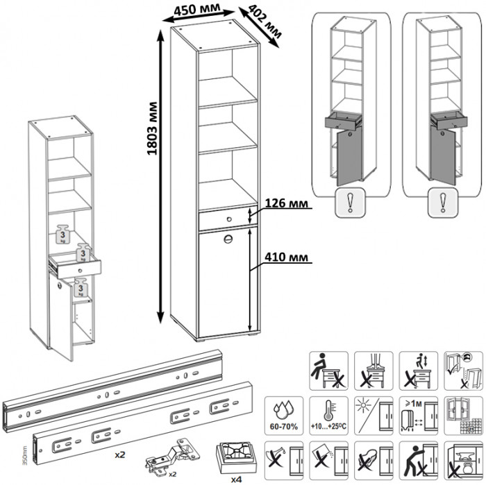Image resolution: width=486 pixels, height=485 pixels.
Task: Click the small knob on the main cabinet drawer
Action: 225,219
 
